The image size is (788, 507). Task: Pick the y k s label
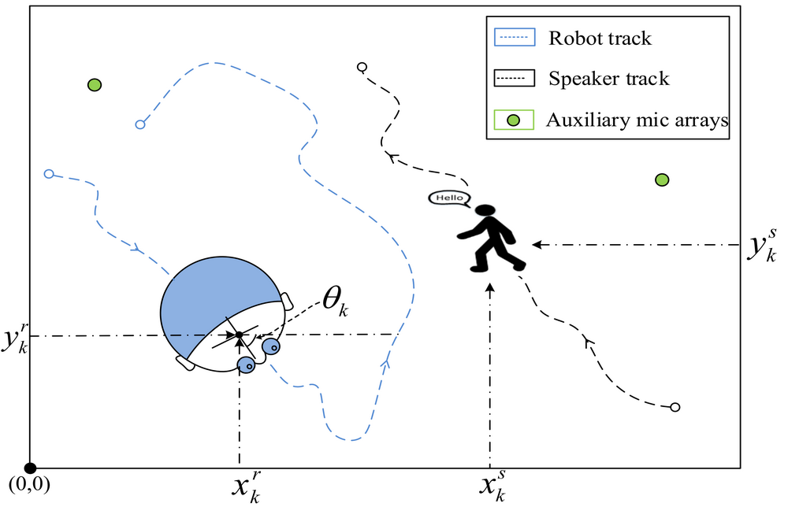coord(761,246)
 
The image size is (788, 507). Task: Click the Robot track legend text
coord(599,37)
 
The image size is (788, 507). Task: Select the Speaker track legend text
coord(608,79)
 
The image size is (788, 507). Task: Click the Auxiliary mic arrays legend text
coord(637,120)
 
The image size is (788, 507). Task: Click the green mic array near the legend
coord(662,180)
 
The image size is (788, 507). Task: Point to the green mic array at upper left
coord(95,84)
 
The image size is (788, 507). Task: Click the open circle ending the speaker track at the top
coord(362,67)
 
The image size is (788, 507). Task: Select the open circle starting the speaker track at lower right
coord(675,407)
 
